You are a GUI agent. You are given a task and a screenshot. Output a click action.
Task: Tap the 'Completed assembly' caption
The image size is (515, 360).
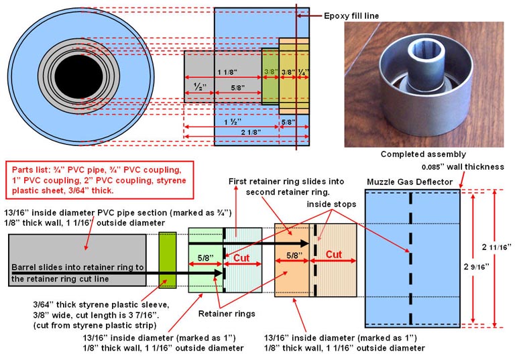(x=422, y=154)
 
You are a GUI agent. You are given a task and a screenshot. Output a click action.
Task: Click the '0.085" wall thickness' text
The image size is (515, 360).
(x=462, y=167)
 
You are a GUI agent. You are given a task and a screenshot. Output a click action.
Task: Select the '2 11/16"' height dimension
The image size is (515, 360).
(x=496, y=247)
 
